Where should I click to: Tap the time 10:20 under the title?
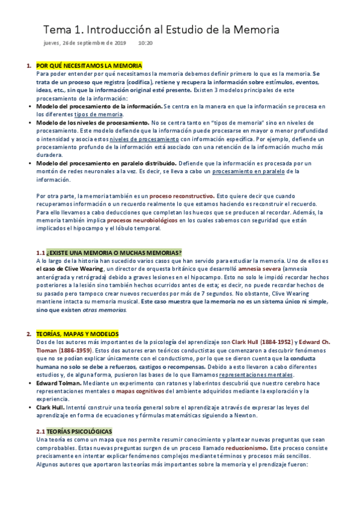pyautogui.click(x=145, y=43)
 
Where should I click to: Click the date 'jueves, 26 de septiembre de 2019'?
pyautogui.click(x=85, y=43)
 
